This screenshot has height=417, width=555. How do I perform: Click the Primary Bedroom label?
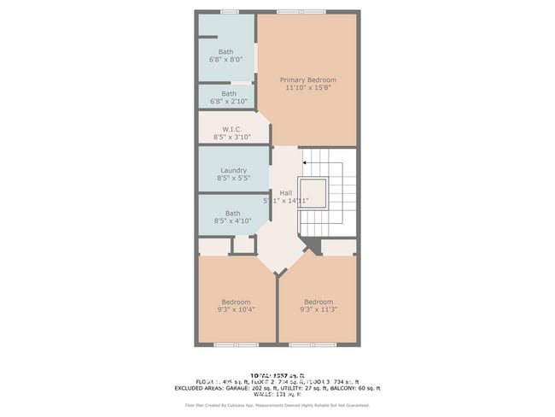[308, 80]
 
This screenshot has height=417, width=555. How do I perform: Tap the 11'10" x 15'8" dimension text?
[308, 89]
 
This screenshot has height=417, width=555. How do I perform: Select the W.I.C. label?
[233, 129]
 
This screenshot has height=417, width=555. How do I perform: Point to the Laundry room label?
[233, 171]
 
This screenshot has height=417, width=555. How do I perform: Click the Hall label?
[286, 193]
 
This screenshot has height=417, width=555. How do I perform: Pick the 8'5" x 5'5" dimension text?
[233, 179]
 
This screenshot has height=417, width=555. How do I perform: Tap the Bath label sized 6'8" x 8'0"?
[225, 51]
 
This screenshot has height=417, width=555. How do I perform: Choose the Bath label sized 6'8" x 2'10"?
[229, 94]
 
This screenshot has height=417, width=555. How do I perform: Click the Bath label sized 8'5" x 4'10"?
[233, 214]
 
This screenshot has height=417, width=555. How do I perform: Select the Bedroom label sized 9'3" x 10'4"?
[236, 302]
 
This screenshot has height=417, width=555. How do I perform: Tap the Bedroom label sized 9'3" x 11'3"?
[318, 302]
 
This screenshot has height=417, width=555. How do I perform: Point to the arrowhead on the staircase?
[305, 161]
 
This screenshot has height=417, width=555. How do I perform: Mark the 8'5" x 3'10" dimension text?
[233, 138]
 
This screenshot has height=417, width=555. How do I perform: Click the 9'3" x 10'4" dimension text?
[236, 310]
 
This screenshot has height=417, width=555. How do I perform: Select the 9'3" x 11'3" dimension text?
[318, 310]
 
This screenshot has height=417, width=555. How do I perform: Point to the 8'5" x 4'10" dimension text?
[233, 222]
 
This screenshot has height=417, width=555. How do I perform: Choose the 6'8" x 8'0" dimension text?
[225, 60]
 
